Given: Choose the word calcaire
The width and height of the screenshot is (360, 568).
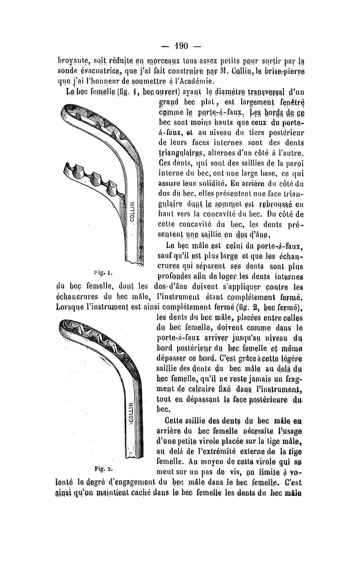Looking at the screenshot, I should [190, 389].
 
